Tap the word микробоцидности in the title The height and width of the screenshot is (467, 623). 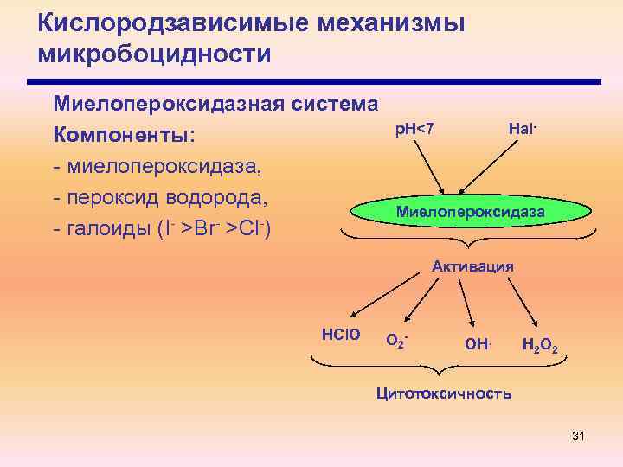coord(155,54)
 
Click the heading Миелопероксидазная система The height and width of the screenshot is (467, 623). coord(215,105)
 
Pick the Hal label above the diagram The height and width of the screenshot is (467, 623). coord(523,129)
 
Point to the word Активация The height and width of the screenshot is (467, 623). coord(472,266)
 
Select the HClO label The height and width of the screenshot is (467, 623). coord(340,334)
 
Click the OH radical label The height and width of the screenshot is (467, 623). coord(478,344)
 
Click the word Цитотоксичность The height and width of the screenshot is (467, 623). coord(443,393)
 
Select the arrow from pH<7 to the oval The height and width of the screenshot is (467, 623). coord(428,168)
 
